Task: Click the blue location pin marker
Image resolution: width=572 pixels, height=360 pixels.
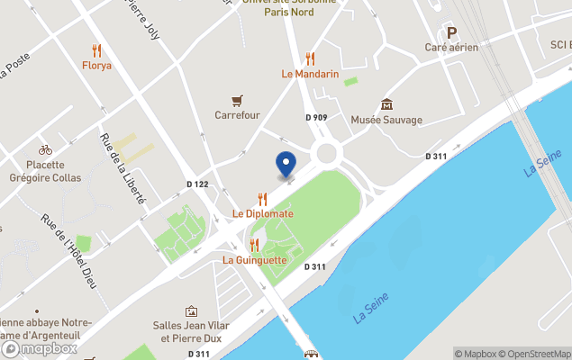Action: tap(286, 165)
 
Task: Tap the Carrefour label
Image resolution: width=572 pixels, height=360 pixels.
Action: tap(237, 115)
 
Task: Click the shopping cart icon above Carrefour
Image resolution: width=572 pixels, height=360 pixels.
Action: tap(237, 100)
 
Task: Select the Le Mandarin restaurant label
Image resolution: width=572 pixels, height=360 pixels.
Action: tap(310, 74)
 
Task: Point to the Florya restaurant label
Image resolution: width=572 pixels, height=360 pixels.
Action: tap(96, 66)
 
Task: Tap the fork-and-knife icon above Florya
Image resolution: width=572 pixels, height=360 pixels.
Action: tap(96, 50)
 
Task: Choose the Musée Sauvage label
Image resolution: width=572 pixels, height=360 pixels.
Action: tap(386, 120)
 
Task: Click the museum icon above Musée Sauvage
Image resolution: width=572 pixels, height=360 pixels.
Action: tap(386, 104)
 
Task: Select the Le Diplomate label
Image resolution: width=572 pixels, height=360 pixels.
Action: tap(263, 214)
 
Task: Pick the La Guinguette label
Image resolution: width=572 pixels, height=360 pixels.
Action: tap(255, 260)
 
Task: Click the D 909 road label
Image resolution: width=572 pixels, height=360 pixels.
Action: tap(316, 118)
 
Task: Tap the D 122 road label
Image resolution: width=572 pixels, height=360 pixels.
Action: tap(197, 184)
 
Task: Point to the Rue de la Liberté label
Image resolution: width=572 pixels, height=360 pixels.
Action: tap(123, 168)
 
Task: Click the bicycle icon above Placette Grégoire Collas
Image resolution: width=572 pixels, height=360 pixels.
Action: tap(45, 149)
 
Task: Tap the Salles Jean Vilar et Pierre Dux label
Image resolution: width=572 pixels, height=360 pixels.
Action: tap(191, 332)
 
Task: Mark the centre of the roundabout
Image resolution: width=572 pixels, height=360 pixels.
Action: tap(325, 152)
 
